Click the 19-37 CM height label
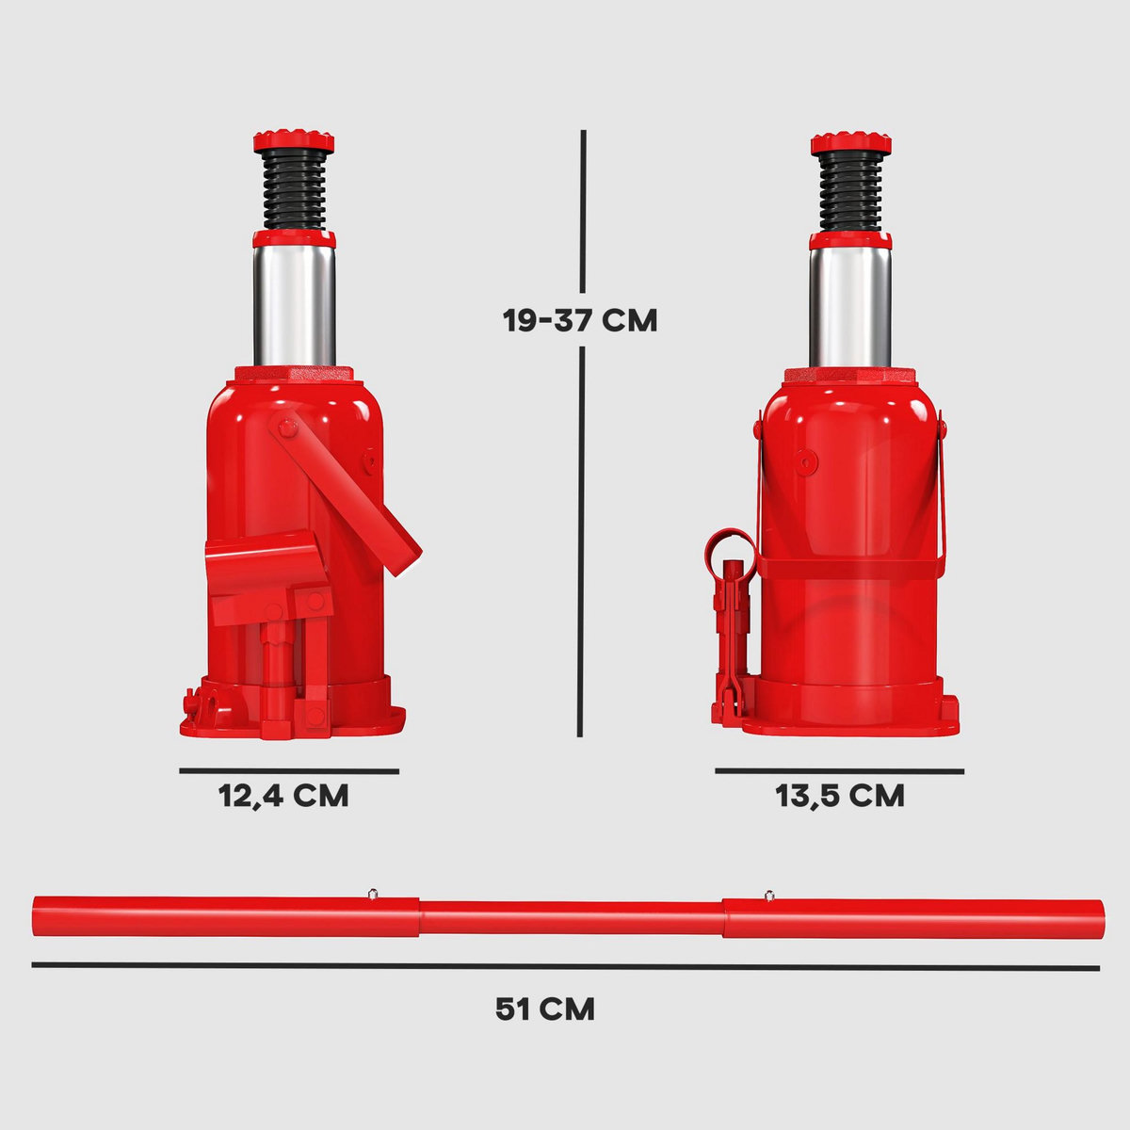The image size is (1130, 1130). click(x=579, y=320)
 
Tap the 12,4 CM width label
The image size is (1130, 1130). click(x=283, y=796)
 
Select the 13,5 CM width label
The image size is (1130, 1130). click(x=840, y=796)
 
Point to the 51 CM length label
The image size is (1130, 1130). click(x=545, y=1009)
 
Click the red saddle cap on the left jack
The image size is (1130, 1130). click(x=293, y=142)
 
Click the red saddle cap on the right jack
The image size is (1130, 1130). click(x=851, y=142)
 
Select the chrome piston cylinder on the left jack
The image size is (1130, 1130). click(x=294, y=301)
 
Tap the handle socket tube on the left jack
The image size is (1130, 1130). click(x=264, y=565)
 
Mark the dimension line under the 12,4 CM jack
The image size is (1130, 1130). click(x=289, y=770)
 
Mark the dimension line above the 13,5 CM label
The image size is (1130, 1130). click(x=839, y=771)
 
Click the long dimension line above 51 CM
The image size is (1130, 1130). click(x=565, y=966)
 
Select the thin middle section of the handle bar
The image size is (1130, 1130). click(x=571, y=916)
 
